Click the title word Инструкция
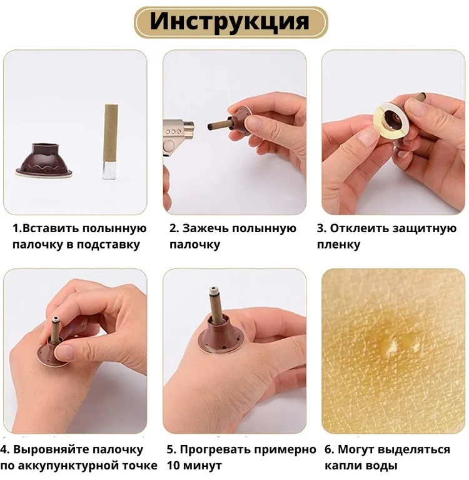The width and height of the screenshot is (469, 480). coord(229,21)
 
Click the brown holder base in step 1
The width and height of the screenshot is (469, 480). coord(44,160)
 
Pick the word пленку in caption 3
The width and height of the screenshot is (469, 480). coord(338,245)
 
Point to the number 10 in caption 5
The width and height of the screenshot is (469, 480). coord(174,466)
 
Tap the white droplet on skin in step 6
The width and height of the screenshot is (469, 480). coord(392,347)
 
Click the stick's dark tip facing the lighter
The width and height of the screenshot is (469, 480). coord(210,126)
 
